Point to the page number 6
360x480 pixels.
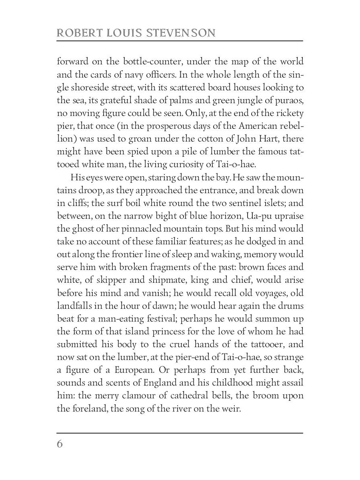point(60,444)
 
